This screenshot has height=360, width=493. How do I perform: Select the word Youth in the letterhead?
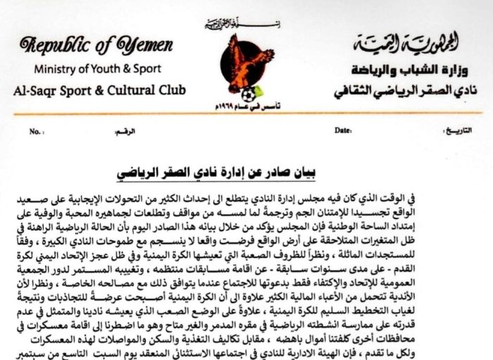click(x=106, y=69)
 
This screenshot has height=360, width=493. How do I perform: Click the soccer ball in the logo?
click(x=247, y=94)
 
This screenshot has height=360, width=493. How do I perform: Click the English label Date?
click(x=342, y=131)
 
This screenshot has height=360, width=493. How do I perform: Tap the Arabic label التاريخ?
click(x=448, y=131)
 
